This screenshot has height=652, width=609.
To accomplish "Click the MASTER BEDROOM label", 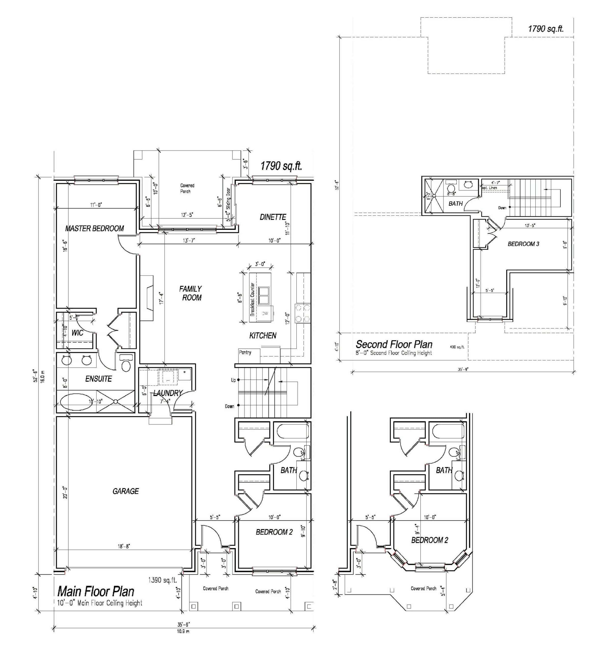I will [x=94, y=229].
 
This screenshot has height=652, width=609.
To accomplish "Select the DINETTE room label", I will [x=273, y=217].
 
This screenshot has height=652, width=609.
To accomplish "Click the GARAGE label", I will [x=126, y=491].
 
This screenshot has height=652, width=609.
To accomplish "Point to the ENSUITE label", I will [x=98, y=379].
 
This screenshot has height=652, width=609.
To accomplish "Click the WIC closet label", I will [x=77, y=333].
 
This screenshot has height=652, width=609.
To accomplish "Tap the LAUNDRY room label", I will [x=168, y=393].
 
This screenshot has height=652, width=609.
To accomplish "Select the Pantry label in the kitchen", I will [x=245, y=352].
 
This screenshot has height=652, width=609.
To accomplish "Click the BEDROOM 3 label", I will [x=523, y=244].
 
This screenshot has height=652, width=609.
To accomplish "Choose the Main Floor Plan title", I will [x=96, y=592].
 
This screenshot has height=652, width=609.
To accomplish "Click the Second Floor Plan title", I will [x=394, y=344].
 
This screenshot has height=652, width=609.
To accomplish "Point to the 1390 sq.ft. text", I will [x=163, y=580].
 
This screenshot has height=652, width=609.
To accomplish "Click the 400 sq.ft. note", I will [x=457, y=347].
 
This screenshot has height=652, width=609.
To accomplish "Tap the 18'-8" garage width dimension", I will [x=124, y=546].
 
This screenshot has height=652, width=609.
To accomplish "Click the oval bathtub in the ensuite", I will [x=76, y=402].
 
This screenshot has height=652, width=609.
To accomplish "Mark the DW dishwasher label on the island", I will [x=265, y=314].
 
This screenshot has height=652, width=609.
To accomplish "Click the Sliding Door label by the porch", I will [x=228, y=198].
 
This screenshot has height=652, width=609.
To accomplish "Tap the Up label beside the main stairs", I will [x=233, y=380].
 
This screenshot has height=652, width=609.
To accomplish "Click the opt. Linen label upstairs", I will [x=489, y=188].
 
